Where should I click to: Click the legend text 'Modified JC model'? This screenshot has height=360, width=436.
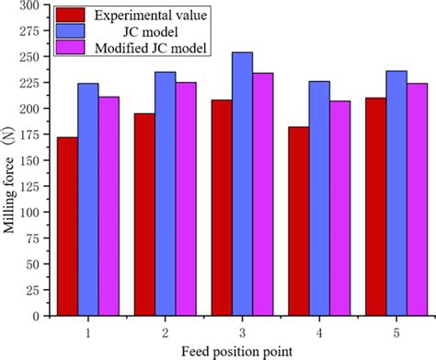139,45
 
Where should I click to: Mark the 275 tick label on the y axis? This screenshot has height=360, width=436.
34,31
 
